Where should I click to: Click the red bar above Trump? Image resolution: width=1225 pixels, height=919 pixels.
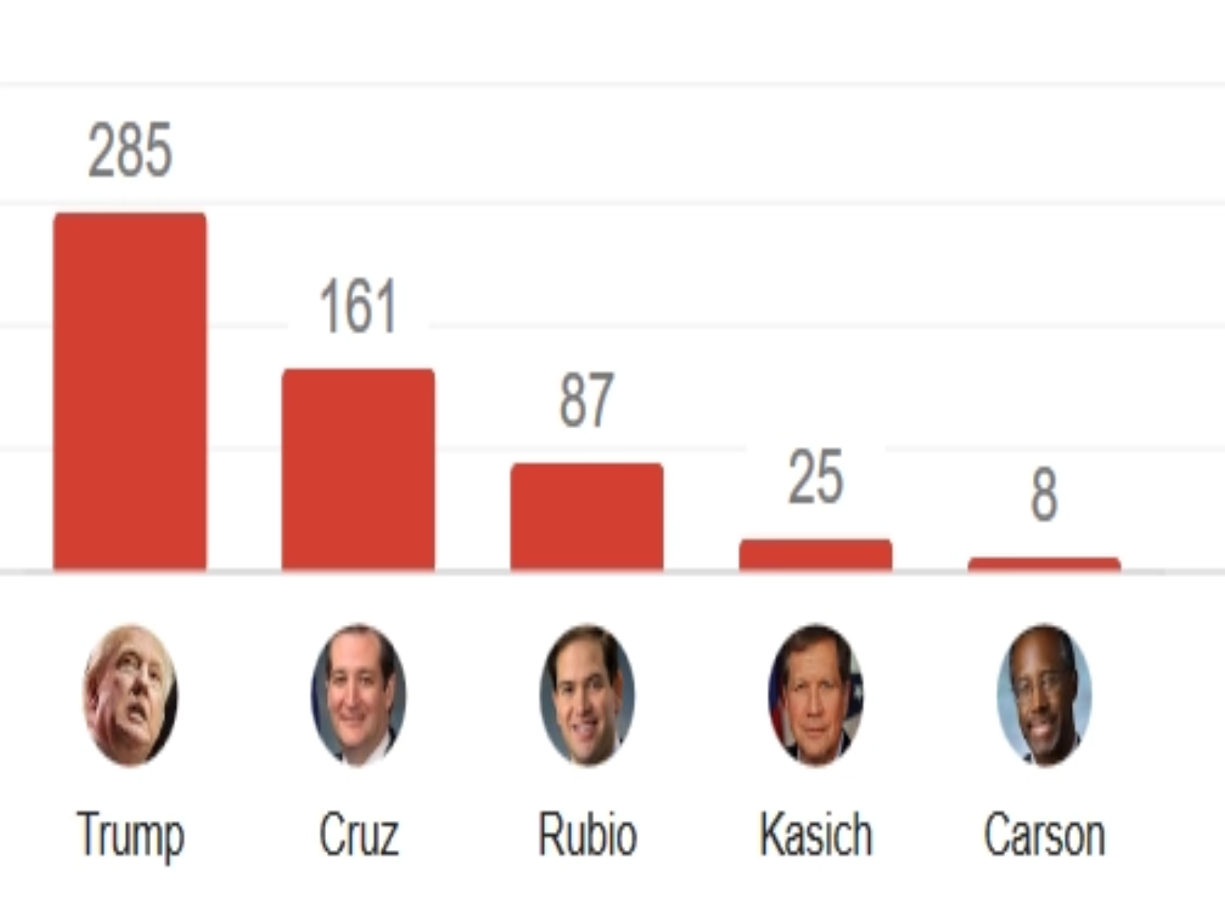click(129, 392)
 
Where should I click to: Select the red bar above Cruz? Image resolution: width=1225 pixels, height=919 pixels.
click(358, 469)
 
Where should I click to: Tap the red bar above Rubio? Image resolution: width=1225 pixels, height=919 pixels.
click(587, 517)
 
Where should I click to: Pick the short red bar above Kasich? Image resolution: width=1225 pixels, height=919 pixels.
click(815, 555)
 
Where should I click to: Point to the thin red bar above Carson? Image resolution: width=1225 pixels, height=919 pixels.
click(1044, 565)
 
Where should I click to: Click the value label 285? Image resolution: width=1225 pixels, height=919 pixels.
click(130, 150)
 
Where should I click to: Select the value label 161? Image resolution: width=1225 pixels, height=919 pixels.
click(358, 306)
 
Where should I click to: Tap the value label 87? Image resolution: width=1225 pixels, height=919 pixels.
click(586, 400)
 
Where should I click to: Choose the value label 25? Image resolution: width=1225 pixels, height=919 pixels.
click(815, 477)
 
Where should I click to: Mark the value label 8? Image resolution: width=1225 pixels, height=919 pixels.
click(1044, 495)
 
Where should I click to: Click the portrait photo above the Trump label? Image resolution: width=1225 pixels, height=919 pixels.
click(130, 695)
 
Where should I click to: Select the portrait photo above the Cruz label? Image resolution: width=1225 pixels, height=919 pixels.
click(358, 695)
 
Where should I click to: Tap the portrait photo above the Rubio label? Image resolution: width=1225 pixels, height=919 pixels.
click(587, 695)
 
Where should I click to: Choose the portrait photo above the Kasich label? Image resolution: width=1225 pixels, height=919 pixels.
click(815, 695)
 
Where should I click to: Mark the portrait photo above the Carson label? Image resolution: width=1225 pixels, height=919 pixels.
click(1044, 695)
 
